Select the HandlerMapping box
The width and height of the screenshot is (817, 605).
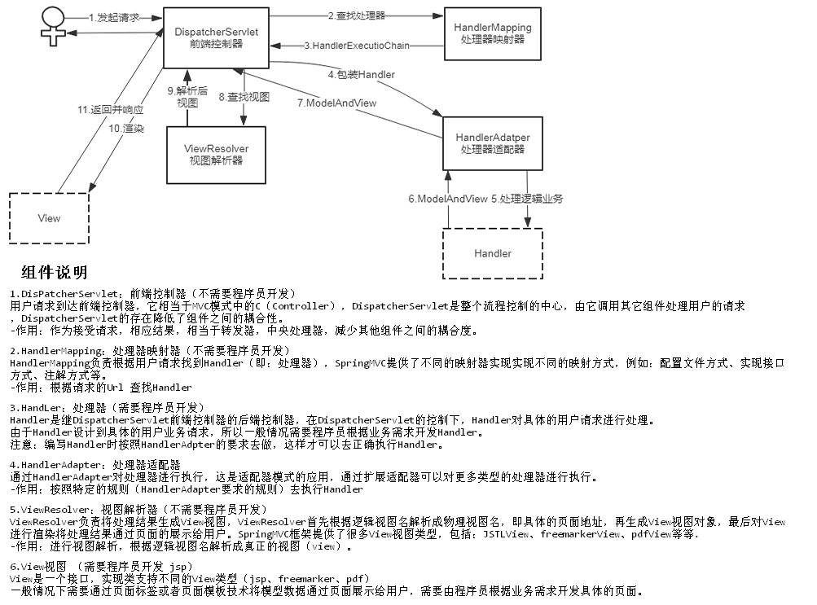[x=492, y=33]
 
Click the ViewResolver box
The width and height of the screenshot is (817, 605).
[x=216, y=154]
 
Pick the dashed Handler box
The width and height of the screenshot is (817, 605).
[x=492, y=254]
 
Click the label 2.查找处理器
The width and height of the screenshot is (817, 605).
[x=356, y=15]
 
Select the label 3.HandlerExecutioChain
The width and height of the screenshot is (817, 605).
[x=356, y=46]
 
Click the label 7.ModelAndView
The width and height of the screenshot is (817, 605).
[x=336, y=103]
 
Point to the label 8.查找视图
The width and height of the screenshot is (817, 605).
[x=244, y=97]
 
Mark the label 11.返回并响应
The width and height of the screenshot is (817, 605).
[x=111, y=109]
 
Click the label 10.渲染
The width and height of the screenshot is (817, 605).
[x=125, y=129]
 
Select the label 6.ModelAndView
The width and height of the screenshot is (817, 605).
[x=448, y=199]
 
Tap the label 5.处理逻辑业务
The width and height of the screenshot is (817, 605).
[x=527, y=199]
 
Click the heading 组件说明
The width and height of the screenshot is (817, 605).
[x=55, y=273]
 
